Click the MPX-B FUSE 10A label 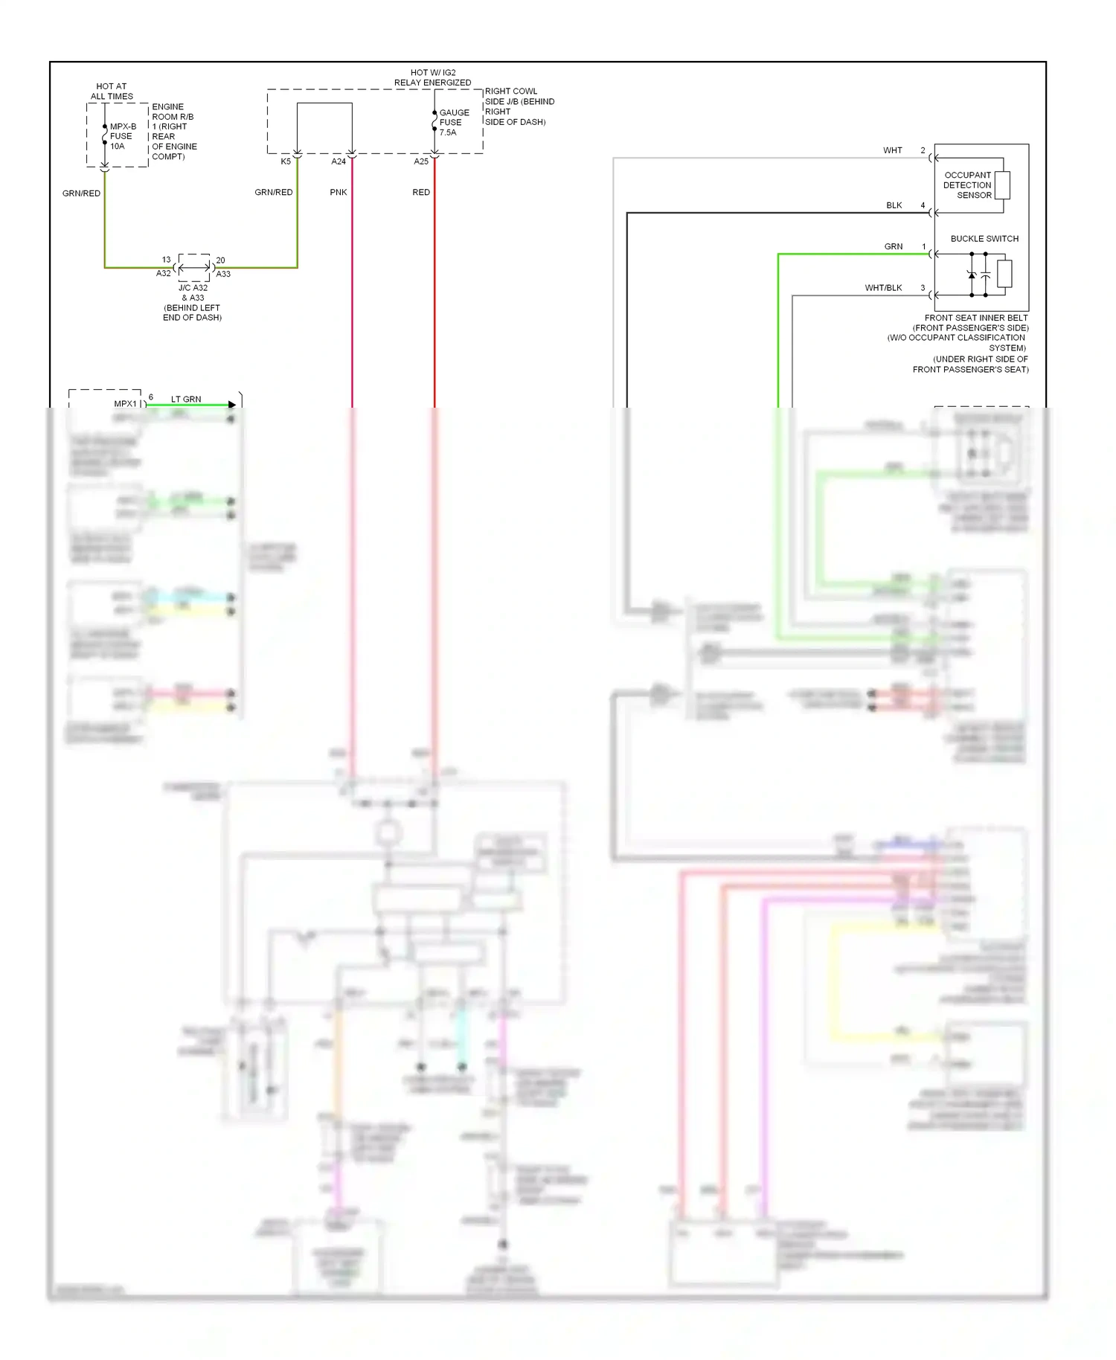123,136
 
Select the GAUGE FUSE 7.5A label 454,123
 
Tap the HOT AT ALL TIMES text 112,92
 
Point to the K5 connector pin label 286,161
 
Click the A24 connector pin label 339,161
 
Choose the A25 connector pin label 421,161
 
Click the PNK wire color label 339,192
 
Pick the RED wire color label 421,192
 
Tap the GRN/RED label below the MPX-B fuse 81,193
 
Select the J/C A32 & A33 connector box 194,267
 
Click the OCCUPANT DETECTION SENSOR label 967,185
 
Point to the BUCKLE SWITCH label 984,239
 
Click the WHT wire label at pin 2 893,150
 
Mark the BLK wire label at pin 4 894,205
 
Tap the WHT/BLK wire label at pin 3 883,288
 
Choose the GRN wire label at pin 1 893,246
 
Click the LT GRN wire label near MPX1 186,400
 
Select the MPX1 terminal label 125,404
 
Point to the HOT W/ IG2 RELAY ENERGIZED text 432,77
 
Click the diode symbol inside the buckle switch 972,275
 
